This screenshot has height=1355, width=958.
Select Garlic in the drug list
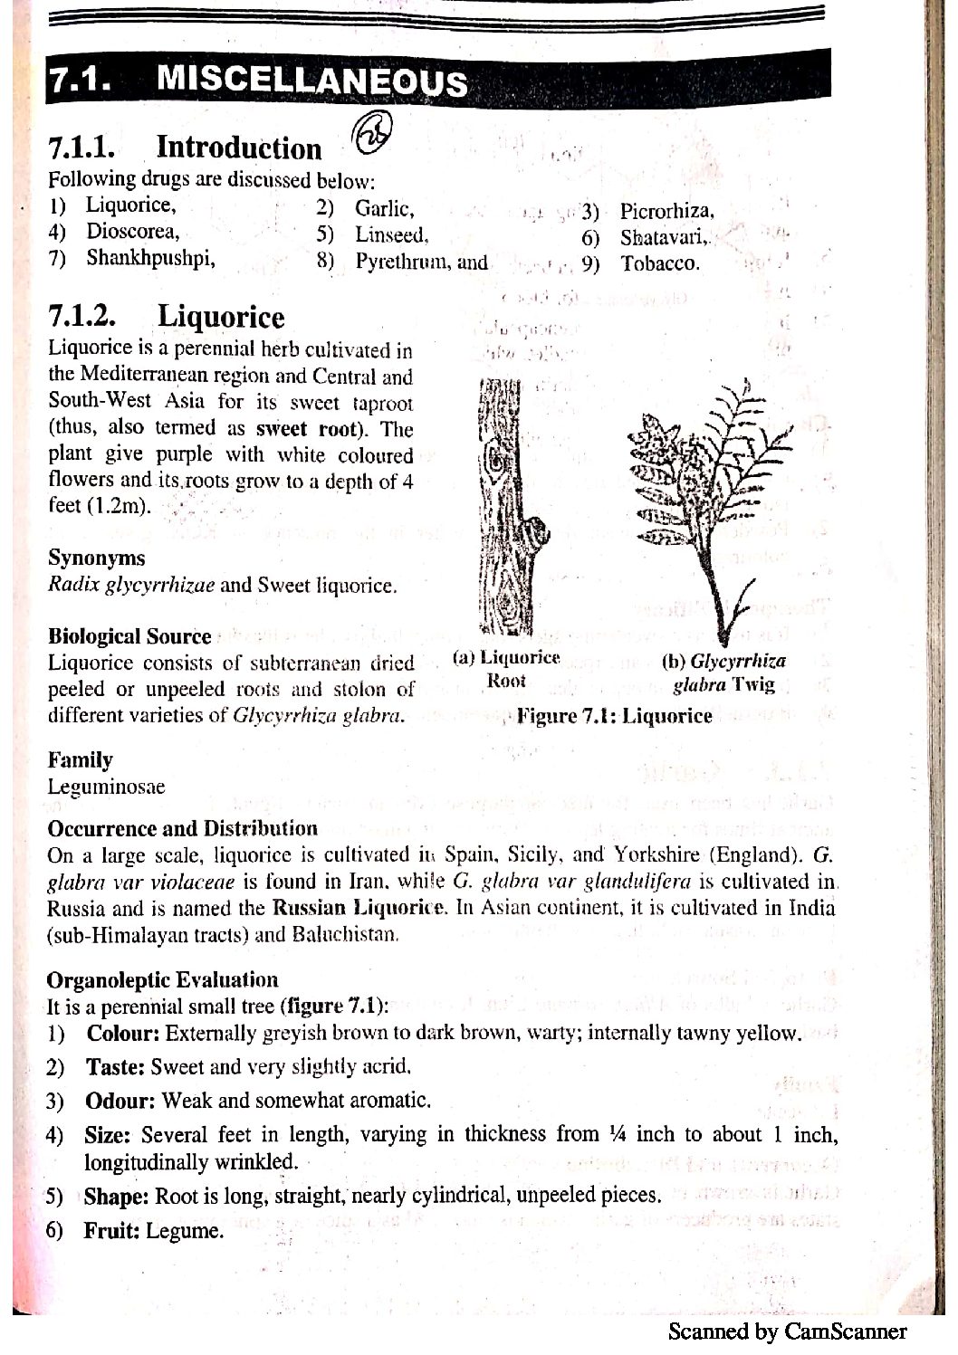click(x=384, y=209)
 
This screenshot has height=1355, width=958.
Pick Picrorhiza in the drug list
click(x=666, y=212)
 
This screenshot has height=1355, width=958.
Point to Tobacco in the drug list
click(x=659, y=264)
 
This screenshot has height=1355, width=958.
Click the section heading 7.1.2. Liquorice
click(x=166, y=317)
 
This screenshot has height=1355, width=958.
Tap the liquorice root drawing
click(x=505, y=507)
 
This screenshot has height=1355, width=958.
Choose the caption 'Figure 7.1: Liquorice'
click(x=614, y=717)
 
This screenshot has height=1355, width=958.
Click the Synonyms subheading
click(x=96, y=558)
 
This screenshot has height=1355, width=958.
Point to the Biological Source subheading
click(x=129, y=636)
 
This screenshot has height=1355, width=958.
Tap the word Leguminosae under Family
click(x=106, y=787)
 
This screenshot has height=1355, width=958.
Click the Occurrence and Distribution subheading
click(x=182, y=828)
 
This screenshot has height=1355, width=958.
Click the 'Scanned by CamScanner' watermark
click(x=787, y=1331)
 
